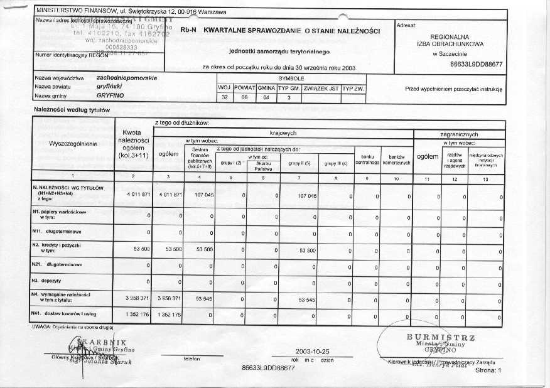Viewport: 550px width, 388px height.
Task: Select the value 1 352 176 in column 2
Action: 138,313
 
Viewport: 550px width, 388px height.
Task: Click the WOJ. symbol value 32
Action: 225,97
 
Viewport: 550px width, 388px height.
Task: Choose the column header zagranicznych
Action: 459,134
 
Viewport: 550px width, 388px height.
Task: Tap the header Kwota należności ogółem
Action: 135,144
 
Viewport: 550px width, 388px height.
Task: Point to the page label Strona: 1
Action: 489,371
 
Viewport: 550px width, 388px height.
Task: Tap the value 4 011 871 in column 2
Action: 138,195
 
